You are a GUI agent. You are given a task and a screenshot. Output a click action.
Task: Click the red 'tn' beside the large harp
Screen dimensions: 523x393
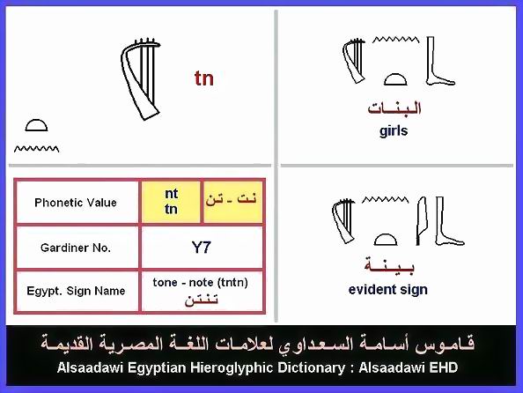(x=204, y=78)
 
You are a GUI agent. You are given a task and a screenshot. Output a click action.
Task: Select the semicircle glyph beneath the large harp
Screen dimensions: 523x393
(x=36, y=125)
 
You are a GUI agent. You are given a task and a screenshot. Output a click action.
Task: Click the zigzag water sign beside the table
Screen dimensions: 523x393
(x=36, y=149)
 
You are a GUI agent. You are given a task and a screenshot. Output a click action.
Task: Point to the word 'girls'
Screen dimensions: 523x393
(x=394, y=131)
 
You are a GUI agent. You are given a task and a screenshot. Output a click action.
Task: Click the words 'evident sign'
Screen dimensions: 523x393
(x=388, y=290)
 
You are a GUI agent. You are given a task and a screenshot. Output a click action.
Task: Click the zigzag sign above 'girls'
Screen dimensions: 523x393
(x=395, y=40)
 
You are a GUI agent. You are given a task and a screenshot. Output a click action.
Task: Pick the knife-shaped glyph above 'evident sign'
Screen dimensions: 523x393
(x=421, y=220)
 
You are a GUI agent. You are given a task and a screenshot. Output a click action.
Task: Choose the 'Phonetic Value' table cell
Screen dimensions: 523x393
(x=77, y=203)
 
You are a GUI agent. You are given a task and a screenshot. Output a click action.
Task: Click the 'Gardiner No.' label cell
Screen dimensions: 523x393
(x=77, y=248)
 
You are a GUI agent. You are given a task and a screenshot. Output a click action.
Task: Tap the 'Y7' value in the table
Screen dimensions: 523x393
(x=202, y=248)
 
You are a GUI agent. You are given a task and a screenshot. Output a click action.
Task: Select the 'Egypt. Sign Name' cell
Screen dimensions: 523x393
(x=77, y=291)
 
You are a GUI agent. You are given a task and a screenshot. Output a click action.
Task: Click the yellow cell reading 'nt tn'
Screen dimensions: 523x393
(x=171, y=202)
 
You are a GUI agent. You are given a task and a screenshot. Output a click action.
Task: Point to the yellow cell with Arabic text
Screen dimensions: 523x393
(x=232, y=202)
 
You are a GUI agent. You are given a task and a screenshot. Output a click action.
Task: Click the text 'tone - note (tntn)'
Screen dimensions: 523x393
(x=201, y=283)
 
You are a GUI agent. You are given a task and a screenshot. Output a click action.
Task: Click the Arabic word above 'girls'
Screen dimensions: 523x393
(x=394, y=108)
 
